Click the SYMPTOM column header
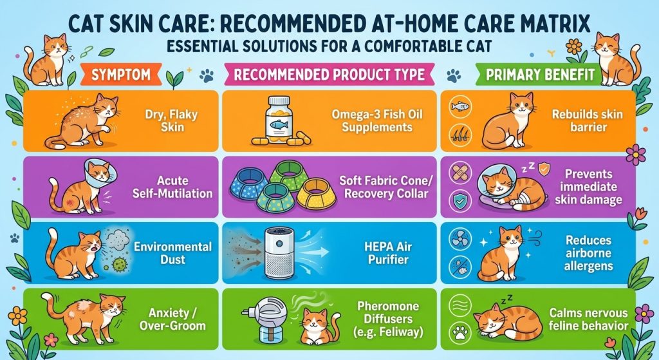point(120,75)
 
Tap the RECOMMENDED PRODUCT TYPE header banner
point(329,75)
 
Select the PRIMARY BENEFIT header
point(540,75)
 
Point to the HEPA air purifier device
point(279,254)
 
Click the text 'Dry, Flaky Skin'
point(171,120)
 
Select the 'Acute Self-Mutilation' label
point(172,187)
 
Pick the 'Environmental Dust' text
point(172,252)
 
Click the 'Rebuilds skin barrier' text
point(588,120)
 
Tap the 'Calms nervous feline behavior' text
point(588,319)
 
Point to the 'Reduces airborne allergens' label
point(588,252)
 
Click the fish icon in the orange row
point(459,106)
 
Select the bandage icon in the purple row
point(459,173)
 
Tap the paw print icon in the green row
point(459,333)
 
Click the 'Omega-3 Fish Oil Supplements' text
point(377,120)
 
